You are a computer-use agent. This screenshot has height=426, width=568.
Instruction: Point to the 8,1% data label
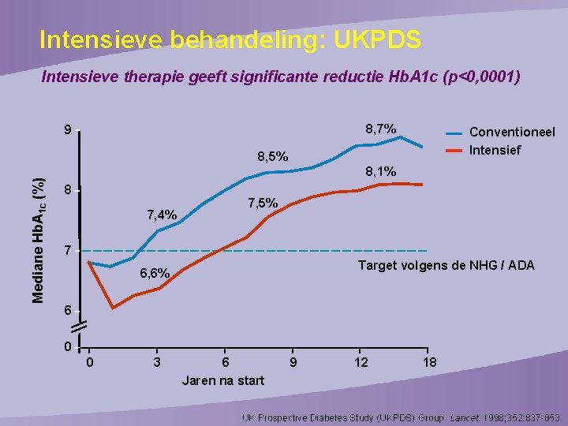(x=380, y=171)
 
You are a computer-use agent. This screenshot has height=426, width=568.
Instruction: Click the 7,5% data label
(x=262, y=203)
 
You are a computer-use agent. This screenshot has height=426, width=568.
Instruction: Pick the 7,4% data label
(x=162, y=215)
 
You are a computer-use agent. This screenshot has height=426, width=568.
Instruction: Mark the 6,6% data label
(x=155, y=273)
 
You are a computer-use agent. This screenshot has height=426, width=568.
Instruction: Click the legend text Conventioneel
(x=512, y=133)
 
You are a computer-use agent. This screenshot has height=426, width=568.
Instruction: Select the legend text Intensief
(x=495, y=150)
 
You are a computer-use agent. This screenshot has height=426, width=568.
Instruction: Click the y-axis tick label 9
(x=69, y=131)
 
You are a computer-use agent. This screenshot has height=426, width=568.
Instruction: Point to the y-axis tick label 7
(x=69, y=251)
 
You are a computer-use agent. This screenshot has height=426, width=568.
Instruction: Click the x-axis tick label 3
(x=158, y=362)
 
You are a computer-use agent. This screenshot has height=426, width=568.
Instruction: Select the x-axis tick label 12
(x=361, y=362)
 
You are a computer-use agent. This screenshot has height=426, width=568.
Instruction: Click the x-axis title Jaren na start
(x=223, y=380)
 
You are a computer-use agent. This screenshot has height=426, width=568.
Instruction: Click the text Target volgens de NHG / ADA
(x=446, y=266)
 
